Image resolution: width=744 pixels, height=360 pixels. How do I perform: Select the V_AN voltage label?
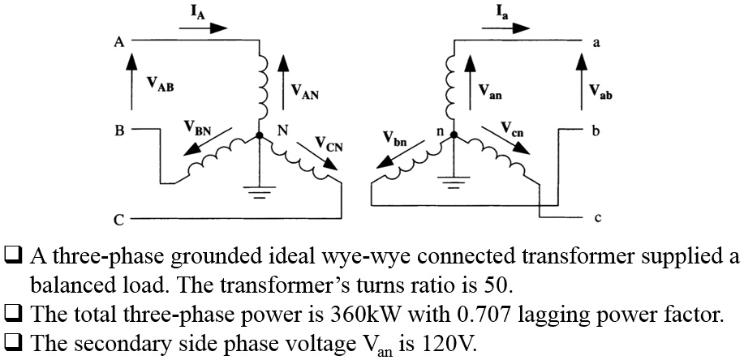click(x=305, y=94)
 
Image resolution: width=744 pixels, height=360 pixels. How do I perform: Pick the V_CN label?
click(x=327, y=146)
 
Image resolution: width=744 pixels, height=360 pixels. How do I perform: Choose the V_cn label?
click(x=512, y=128)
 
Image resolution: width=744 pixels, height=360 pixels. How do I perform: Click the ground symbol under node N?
click(x=259, y=193)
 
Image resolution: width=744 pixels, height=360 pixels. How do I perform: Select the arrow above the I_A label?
click(x=203, y=26)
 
